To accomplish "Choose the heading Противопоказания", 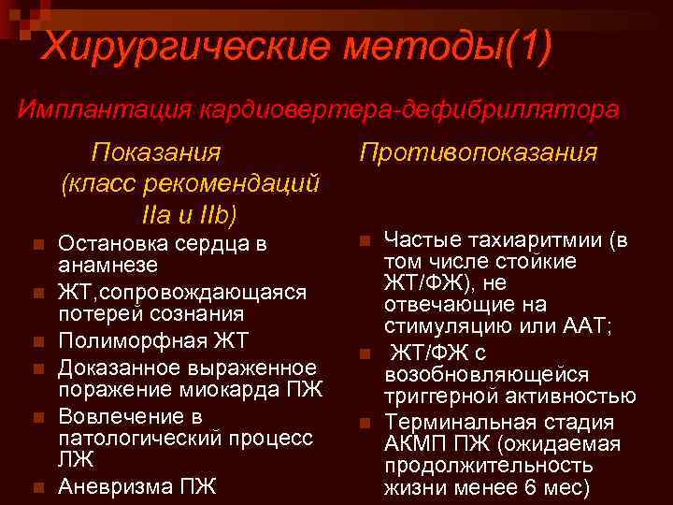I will [478, 151].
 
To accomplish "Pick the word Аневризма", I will [108, 486].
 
